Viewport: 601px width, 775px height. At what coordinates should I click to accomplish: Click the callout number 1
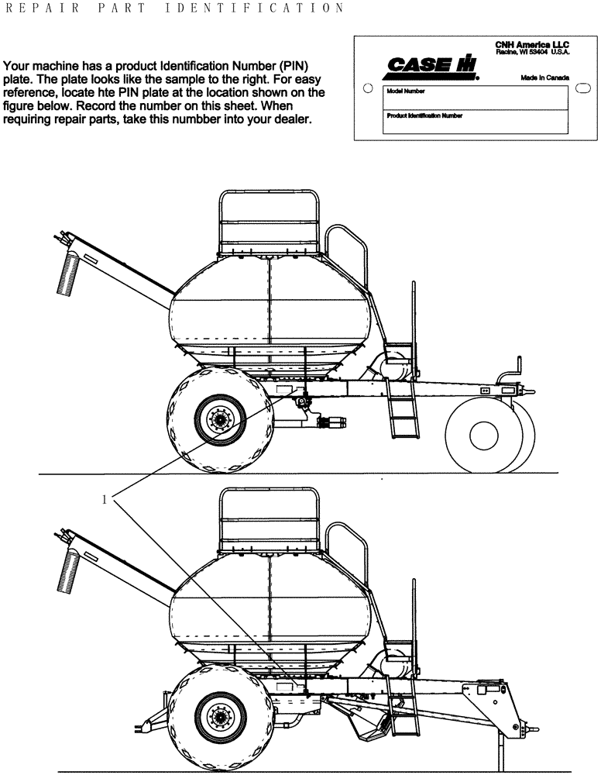point(105,499)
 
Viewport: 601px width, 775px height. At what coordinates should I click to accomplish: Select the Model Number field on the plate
point(474,96)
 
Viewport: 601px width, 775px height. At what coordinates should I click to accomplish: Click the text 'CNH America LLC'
point(532,46)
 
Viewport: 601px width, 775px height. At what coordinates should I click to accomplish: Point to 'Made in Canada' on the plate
point(545,78)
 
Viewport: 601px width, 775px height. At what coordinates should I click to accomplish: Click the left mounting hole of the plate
point(369,88)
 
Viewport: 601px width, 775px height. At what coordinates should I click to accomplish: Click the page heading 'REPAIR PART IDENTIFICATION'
point(174,9)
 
